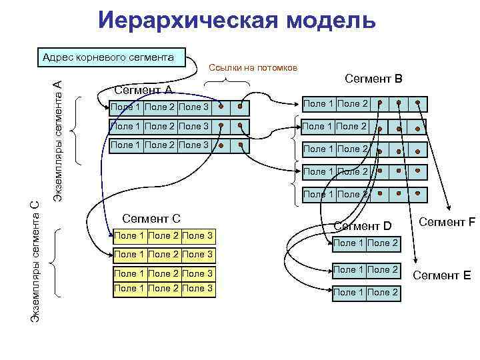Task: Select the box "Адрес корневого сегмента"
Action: click(x=109, y=57)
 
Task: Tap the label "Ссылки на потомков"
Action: click(x=253, y=68)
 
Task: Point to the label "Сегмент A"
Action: click(x=143, y=90)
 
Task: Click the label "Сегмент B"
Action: click(x=373, y=79)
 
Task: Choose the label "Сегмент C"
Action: click(x=153, y=218)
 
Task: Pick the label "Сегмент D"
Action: click(x=363, y=226)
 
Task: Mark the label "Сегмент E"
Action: click(x=442, y=275)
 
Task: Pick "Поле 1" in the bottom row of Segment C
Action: click(x=130, y=288)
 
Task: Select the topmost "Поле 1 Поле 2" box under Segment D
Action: click(x=365, y=243)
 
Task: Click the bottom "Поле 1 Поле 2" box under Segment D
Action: click(x=365, y=293)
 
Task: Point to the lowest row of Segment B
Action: click(x=363, y=195)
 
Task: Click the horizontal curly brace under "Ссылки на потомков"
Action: click(x=227, y=83)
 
